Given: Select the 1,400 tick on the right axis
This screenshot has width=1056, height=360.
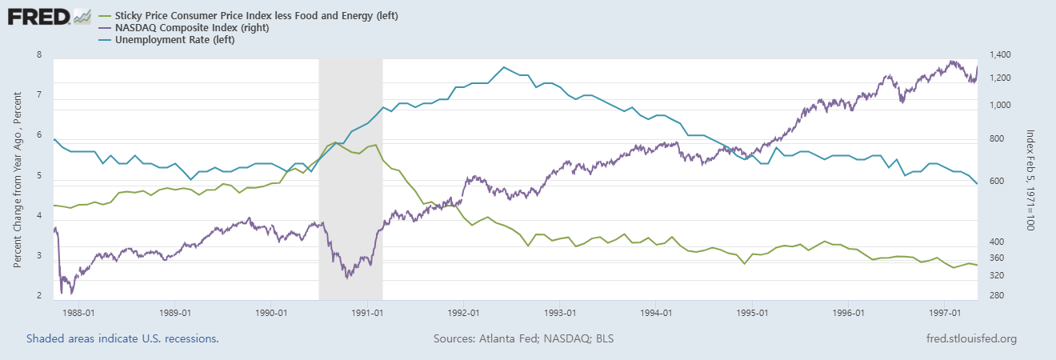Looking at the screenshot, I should pos(1001,54).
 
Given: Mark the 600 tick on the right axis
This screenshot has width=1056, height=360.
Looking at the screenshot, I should pos(996,182).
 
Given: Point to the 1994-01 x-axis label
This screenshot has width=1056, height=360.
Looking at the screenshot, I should pos(655,313).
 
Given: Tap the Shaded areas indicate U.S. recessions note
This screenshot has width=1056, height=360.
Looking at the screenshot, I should pos(122,339).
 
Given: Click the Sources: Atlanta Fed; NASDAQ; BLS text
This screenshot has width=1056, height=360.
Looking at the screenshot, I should pos(524,339).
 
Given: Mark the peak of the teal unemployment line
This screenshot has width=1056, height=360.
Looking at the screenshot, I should pos(503,67).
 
